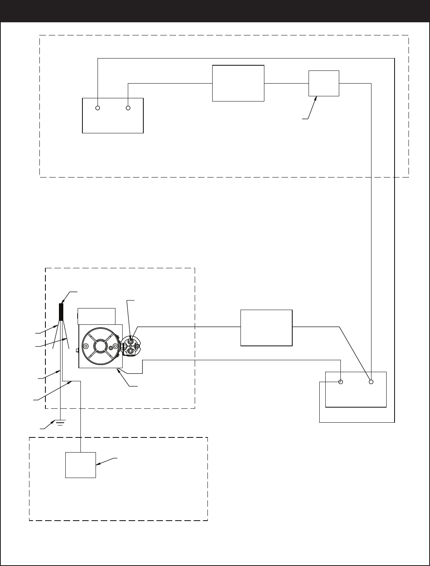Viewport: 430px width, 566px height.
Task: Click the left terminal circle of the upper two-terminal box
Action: point(98,108)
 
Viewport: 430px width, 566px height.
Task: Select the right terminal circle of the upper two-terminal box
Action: point(128,108)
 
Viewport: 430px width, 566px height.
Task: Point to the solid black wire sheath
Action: point(61,312)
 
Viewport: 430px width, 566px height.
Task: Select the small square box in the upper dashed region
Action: point(324,83)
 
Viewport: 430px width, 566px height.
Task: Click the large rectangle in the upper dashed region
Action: point(238,83)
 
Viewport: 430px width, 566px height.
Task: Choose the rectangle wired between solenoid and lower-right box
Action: point(266,328)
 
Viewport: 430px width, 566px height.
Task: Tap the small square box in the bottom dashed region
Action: point(80,465)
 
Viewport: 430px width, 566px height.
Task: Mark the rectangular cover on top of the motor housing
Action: point(96,316)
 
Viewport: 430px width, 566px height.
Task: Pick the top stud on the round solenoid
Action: point(131,341)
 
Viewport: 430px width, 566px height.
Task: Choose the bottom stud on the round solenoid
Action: point(131,351)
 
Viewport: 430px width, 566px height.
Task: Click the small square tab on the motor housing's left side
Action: point(78,350)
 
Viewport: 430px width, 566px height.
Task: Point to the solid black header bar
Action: point(215,11)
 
